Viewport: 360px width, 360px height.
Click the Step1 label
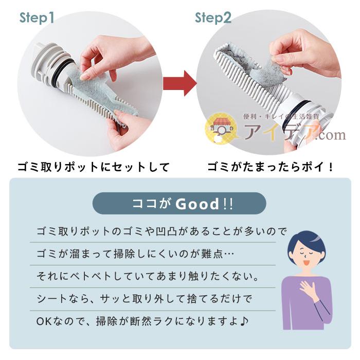[x=37, y=19]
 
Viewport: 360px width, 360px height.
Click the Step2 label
[x=212, y=19]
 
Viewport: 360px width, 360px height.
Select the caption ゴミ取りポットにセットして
[x=93, y=167]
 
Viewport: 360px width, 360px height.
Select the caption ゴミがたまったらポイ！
[x=271, y=167]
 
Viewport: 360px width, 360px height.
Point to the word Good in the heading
[x=197, y=204]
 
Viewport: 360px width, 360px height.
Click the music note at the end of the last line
[x=245, y=321]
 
